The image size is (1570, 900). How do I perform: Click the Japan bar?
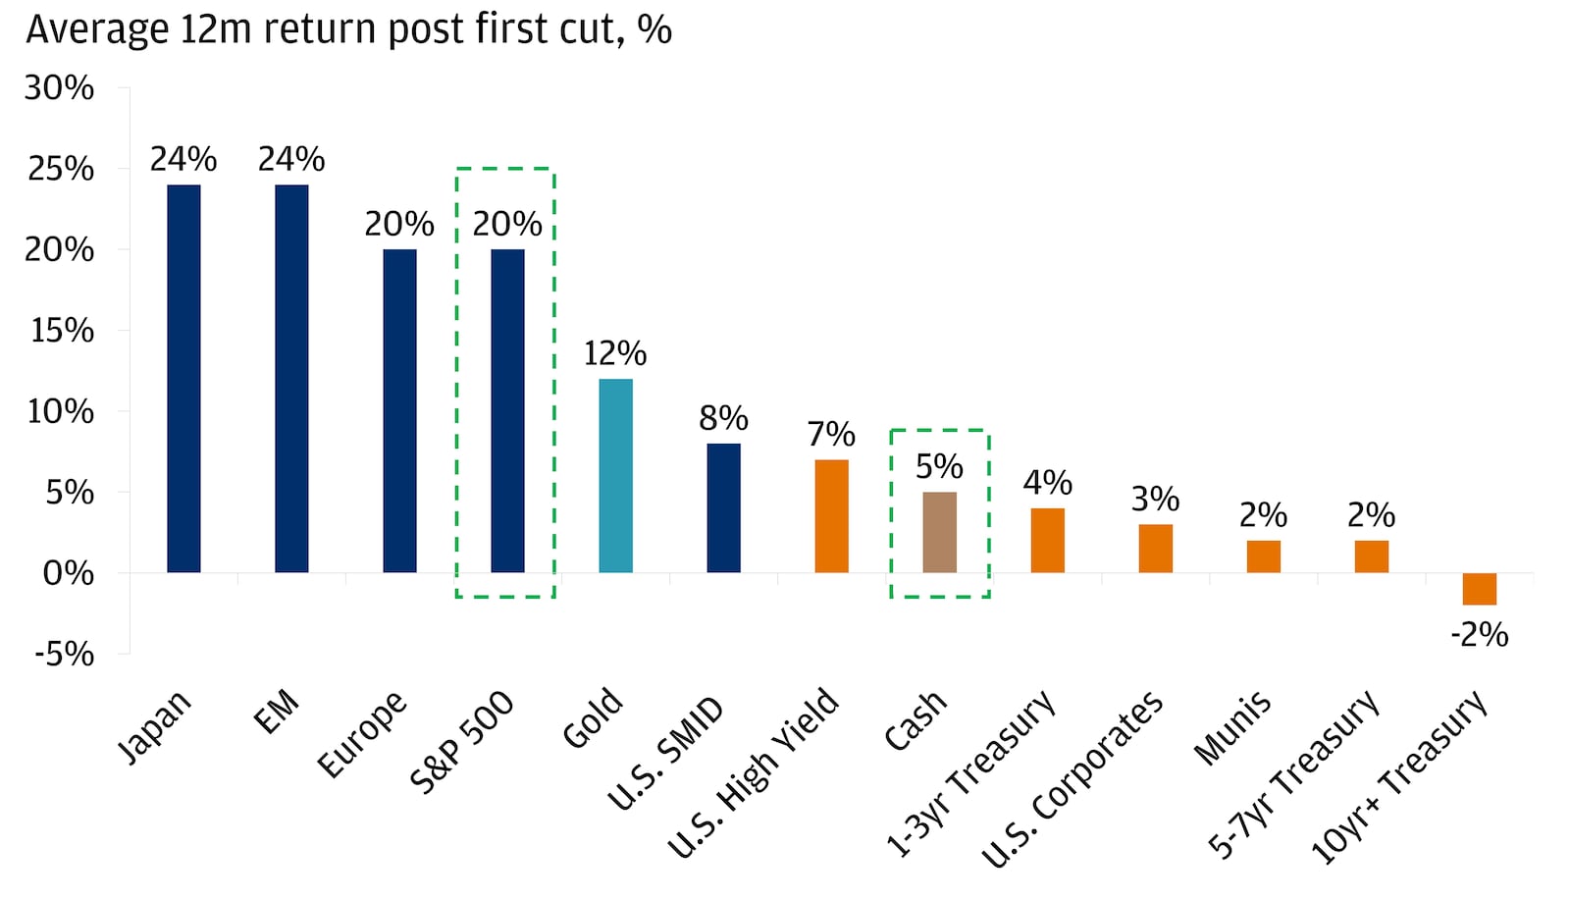tap(183, 378)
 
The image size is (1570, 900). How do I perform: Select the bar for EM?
tap(291, 378)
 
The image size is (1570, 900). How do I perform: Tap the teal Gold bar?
tap(615, 475)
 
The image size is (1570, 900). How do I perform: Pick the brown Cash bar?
tap(939, 532)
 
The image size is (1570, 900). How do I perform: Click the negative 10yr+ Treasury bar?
tap(1479, 589)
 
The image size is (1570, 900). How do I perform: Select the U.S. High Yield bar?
tap(831, 515)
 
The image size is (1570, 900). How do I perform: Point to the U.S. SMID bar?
tap(723, 507)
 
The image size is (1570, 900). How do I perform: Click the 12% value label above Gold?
tap(615, 353)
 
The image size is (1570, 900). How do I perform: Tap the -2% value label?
tap(1479, 635)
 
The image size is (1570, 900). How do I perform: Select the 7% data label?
tap(831, 434)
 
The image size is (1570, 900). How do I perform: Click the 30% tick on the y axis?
tap(59, 88)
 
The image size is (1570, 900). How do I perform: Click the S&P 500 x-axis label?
tap(462, 742)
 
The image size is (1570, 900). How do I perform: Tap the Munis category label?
tap(1232, 727)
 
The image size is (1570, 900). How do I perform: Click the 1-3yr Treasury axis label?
tap(970, 774)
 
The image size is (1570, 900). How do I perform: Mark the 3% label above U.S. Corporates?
tap(1155, 500)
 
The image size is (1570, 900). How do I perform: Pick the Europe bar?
tap(399, 410)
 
